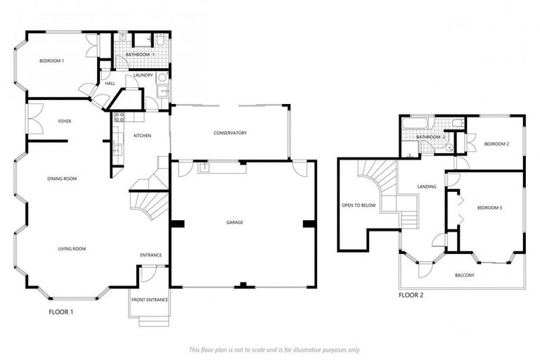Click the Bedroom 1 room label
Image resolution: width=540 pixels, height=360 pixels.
pyautogui.click(x=51, y=61)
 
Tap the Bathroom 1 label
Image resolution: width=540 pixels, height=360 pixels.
pyautogui.click(x=140, y=54)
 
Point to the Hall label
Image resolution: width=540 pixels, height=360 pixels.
pyautogui.click(x=110, y=84)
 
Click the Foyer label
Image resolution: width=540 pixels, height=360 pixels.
pyautogui.click(x=64, y=121)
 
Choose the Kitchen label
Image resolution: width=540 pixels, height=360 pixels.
pyautogui.click(x=142, y=135)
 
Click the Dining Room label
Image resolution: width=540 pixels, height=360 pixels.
pyautogui.click(x=62, y=179)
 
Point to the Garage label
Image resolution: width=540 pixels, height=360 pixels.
pyautogui.click(x=234, y=222)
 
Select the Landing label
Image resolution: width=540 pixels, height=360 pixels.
pyautogui.click(x=427, y=186)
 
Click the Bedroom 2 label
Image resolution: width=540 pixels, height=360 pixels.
pyautogui.click(x=496, y=144)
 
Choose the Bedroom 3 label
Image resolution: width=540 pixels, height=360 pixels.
pyautogui.click(x=489, y=207)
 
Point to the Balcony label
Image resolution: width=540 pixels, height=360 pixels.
pyautogui.click(x=464, y=275)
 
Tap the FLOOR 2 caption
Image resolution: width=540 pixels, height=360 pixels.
pyautogui.click(x=411, y=295)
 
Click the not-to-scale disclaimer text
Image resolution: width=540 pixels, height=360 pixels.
pyautogui.click(x=274, y=349)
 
